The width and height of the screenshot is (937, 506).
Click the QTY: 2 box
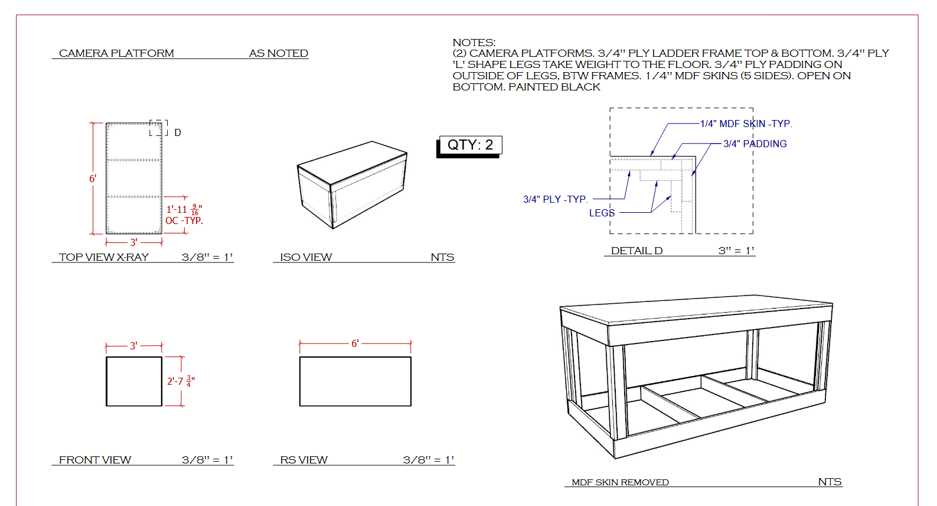coord(471,145)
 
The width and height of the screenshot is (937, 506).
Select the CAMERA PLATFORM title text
coord(116,53)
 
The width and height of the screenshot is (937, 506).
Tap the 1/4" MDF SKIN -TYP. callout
coord(746,124)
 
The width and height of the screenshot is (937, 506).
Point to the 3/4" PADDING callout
coord(755,144)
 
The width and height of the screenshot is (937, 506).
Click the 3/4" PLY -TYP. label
coord(556,199)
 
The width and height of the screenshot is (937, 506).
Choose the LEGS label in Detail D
coord(602,213)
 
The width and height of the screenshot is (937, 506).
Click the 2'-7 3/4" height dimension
coord(181,381)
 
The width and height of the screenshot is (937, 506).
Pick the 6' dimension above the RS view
coord(355,343)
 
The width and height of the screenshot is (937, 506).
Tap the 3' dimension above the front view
coord(133,346)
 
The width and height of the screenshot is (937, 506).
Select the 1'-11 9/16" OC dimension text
coord(184,215)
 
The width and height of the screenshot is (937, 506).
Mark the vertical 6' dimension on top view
coord(93,179)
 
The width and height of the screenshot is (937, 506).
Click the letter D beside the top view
coord(178,133)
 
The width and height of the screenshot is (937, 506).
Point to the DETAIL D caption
coord(636,251)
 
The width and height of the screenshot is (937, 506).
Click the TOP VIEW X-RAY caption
coord(104,257)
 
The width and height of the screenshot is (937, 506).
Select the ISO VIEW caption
coord(306,257)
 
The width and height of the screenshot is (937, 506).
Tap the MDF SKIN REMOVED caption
coord(621,482)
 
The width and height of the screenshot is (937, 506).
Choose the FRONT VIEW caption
coord(95,460)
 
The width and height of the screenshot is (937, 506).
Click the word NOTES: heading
coord(474,43)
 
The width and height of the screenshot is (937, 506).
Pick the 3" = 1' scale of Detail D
coord(736,251)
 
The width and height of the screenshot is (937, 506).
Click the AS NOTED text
coord(279,53)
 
